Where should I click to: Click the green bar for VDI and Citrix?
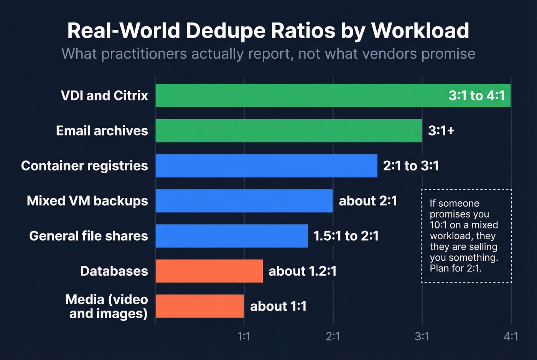299,95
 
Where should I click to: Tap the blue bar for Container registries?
266,166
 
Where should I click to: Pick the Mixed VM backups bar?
244,201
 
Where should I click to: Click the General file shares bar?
231,236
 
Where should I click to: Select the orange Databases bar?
209,271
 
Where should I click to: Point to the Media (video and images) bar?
199,306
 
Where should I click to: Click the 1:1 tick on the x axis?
244,337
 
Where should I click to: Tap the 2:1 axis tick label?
333,337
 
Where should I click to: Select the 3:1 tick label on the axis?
422,337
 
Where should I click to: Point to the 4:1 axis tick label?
511,337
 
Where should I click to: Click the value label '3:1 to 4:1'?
476,95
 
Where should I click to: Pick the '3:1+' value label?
441,131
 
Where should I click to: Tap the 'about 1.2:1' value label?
302,271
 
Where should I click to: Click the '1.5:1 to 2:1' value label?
346,236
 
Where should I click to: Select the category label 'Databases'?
114,271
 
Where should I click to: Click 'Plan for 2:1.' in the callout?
455,268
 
